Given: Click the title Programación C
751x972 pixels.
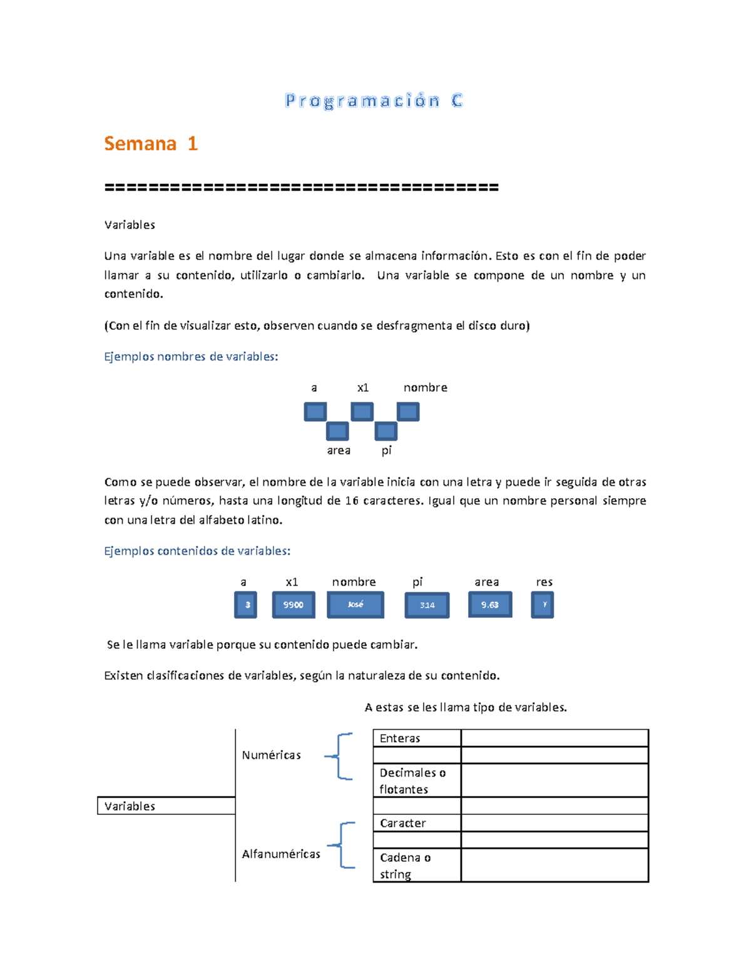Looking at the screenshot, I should (x=374, y=101).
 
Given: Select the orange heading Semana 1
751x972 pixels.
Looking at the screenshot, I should (x=151, y=143).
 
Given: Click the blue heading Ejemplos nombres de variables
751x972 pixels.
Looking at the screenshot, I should (x=191, y=357).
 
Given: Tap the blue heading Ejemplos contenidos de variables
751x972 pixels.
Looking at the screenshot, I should (x=197, y=551).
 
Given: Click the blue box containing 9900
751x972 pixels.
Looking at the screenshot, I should (x=294, y=605).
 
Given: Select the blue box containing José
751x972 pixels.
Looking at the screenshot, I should (x=355, y=605).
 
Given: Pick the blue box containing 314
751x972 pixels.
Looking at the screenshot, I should (x=427, y=605).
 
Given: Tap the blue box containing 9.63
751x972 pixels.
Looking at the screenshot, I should (x=490, y=605).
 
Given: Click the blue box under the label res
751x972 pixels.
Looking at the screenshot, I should (x=543, y=605).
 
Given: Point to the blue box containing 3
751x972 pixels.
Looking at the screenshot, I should (x=246, y=605).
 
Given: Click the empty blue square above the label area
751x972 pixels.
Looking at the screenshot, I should (x=337, y=431).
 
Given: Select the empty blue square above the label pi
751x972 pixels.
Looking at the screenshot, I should (x=386, y=431).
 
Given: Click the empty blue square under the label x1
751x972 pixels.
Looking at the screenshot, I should (x=362, y=412).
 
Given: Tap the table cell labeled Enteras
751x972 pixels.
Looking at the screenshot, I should (x=417, y=739).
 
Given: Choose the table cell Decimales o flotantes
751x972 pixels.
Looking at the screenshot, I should (x=417, y=780).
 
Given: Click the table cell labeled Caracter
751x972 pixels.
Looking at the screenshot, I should (x=417, y=823).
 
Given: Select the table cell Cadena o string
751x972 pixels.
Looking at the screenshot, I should (x=417, y=866).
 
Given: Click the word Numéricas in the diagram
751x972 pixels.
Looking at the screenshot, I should (x=271, y=755).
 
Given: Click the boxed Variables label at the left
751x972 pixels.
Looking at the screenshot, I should (x=166, y=806).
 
